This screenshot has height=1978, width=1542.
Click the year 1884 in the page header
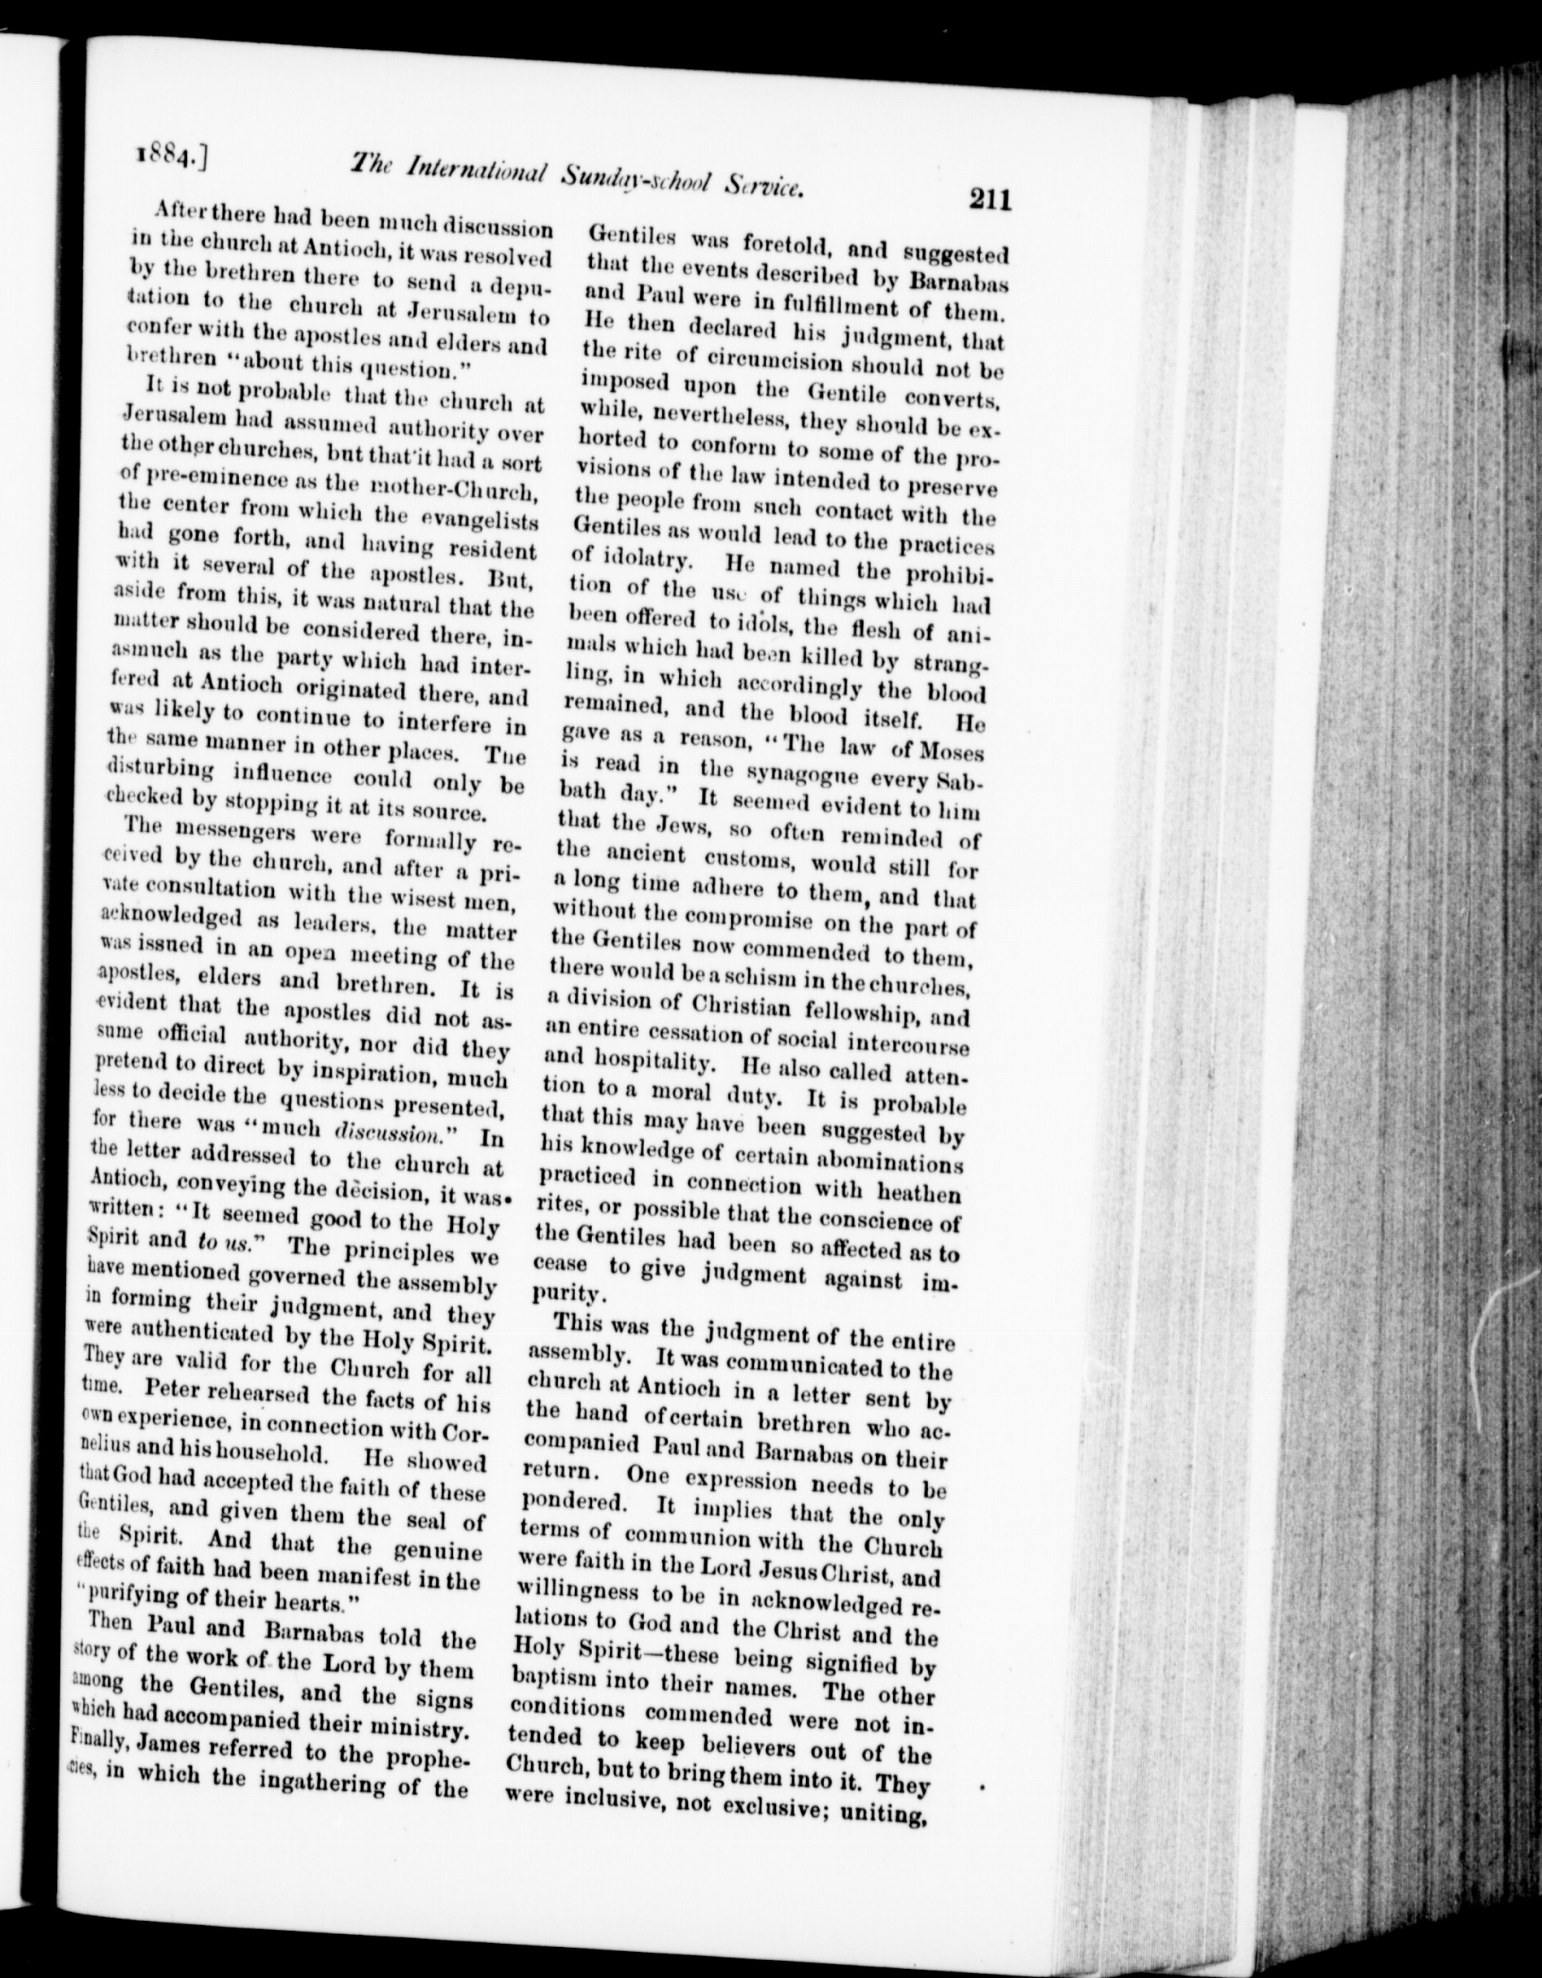click(169, 162)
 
